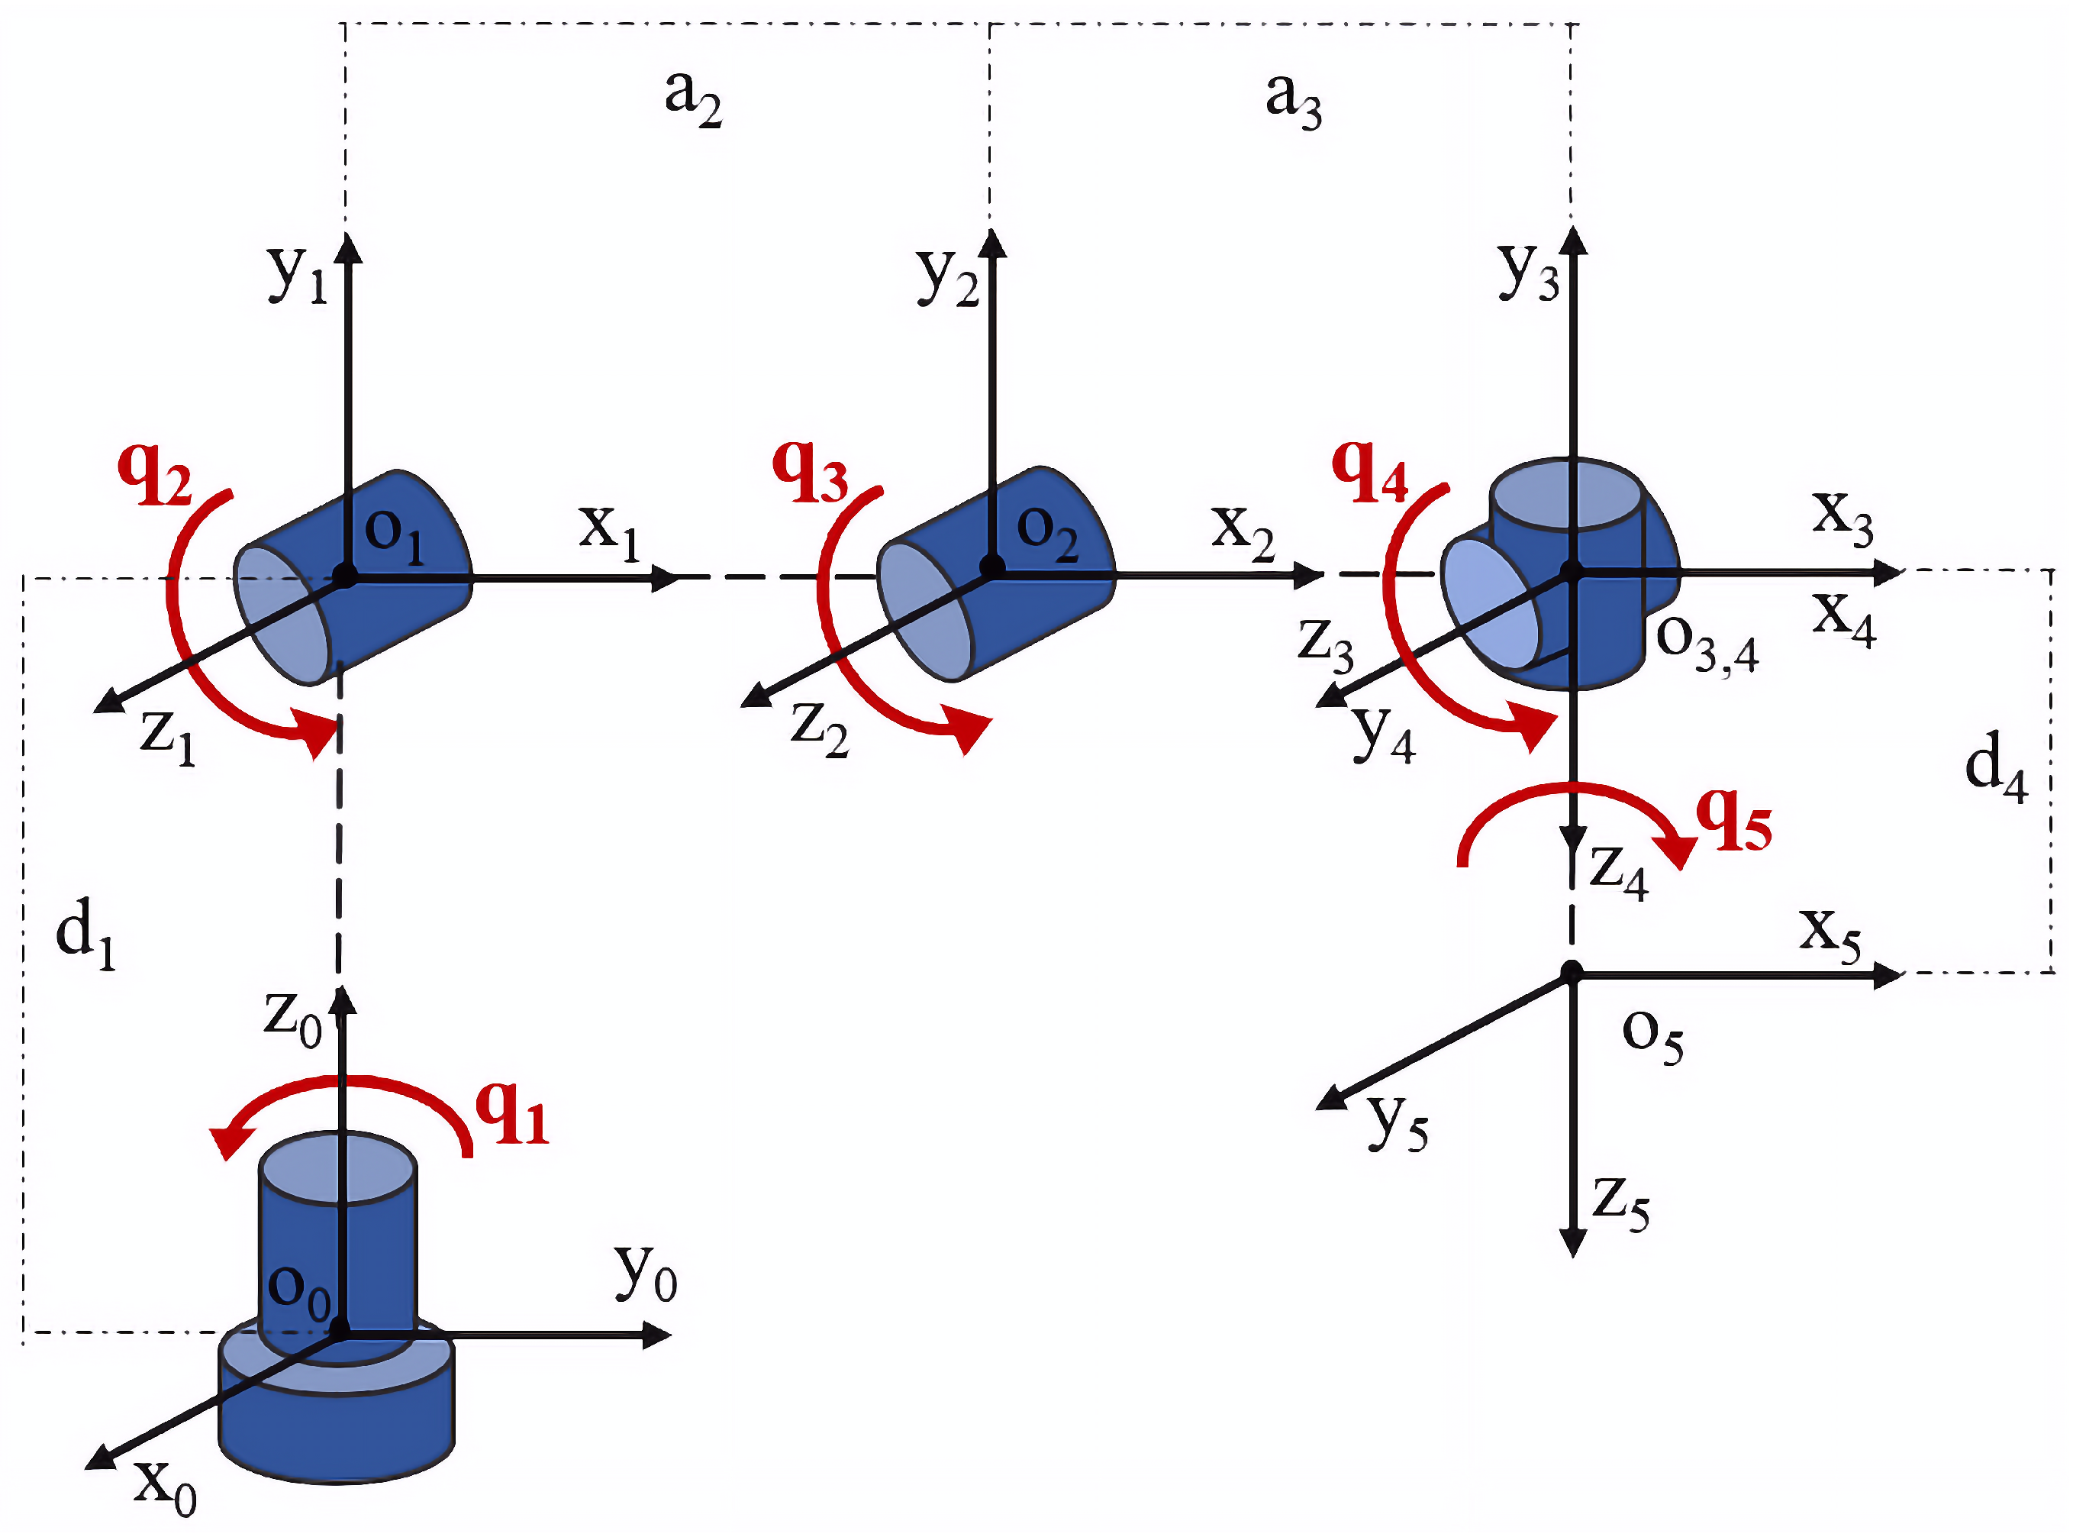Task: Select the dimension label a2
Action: click(x=693, y=98)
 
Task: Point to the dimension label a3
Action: click(x=1293, y=99)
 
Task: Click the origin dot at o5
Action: click(x=1571, y=974)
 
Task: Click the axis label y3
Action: click(x=1527, y=273)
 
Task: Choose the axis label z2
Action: click(x=818, y=728)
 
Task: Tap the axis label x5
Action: click(x=1830, y=933)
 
